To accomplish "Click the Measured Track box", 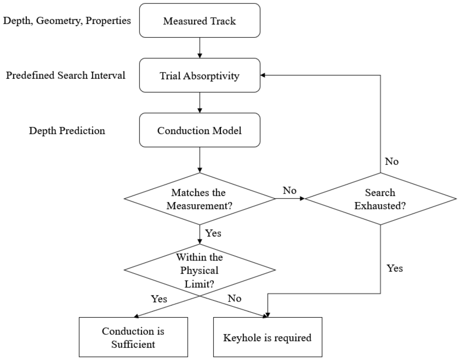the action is pyautogui.click(x=200, y=20).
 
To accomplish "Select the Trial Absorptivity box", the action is pyautogui.click(x=200, y=75).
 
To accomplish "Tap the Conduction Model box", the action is pyautogui.click(x=200, y=130).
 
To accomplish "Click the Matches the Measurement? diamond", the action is pyautogui.click(x=200, y=199).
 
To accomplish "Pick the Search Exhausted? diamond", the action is pyautogui.click(x=380, y=199).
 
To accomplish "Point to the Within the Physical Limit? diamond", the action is pyautogui.click(x=200, y=270).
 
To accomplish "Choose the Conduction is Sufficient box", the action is pyautogui.click(x=133, y=337).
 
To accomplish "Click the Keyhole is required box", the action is pyautogui.click(x=268, y=337).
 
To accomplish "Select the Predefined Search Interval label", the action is pyautogui.click(x=65, y=75).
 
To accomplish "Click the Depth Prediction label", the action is pyautogui.click(x=67, y=131).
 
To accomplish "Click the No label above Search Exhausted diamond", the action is pyautogui.click(x=392, y=161).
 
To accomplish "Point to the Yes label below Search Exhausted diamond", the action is pyautogui.click(x=395, y=268).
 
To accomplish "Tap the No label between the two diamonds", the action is pyautogui.click(x=289, y=190).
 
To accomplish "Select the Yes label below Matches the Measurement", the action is pyautogui.click(x=213, y=233).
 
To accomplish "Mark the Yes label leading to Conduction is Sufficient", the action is pyautogui.click(x=159, y=299).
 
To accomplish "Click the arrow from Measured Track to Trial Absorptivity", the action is pyautogui.click(x=200, y=48).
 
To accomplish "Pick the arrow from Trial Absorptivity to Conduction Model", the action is pyautogui.click(x=200, y=102).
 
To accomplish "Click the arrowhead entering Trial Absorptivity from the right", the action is pyautogui.click(x=263, y=75).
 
